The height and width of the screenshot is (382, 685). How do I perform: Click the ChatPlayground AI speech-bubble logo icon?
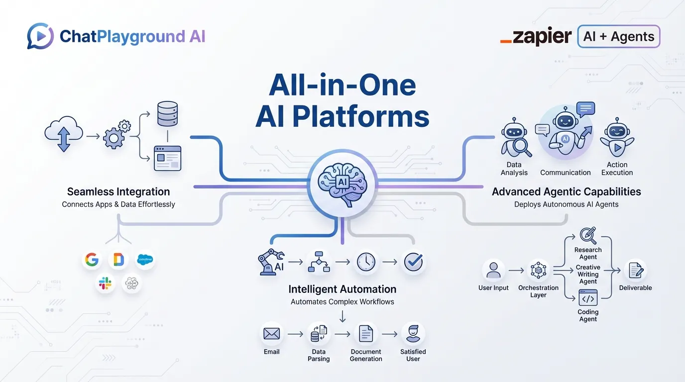(x=40, y=36)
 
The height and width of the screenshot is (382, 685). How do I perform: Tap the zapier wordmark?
(x=536, y=37)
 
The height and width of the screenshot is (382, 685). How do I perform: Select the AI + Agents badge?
(x=618, y=37)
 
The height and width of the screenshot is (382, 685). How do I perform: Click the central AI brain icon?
(x=342, y=182)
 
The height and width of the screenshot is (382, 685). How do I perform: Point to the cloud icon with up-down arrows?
(x=63, y=134)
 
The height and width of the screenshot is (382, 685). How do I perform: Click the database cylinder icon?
(x=167, y=114)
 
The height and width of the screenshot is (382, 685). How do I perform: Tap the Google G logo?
(x=92, y=260)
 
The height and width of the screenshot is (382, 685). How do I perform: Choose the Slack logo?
(x=105, y=284)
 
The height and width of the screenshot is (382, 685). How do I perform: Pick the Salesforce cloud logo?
(x=145, y=259)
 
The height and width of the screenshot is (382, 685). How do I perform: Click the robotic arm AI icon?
(x=271, y=262)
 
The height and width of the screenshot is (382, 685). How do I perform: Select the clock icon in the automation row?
(x=366, y=262)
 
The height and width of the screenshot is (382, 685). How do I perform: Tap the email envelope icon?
(x=272, y=334)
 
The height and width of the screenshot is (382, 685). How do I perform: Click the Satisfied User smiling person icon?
(x=413, y=334)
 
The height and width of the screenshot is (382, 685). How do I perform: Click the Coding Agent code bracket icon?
(x=588, y=298)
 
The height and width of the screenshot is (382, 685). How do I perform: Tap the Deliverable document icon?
(x=635, y=271)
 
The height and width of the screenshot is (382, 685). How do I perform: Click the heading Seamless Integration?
(x=118, y=191)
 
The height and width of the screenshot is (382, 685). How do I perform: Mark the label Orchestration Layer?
(x=539, y=291)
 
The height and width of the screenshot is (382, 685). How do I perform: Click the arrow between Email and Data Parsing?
(x=295, y=334)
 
